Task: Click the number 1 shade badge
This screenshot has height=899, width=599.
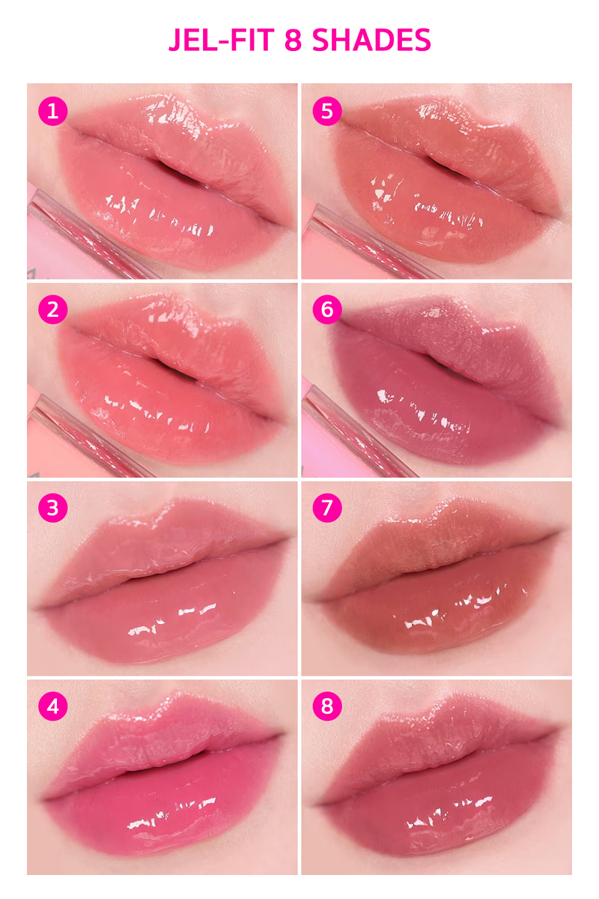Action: (52, 112)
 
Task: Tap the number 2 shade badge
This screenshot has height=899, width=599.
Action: (52, 309)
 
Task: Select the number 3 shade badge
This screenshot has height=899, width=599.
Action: (52, 509)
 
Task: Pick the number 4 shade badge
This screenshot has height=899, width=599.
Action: (52, 706)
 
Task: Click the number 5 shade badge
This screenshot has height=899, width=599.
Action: (327, 112)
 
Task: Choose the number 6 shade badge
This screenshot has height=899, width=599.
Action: (327, 309)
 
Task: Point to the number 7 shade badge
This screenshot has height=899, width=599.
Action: (327, 509)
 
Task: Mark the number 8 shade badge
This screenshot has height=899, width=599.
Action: (327, 706)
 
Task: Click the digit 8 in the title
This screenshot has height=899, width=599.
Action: (293, 40)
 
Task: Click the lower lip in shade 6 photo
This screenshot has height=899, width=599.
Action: (442, 420)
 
